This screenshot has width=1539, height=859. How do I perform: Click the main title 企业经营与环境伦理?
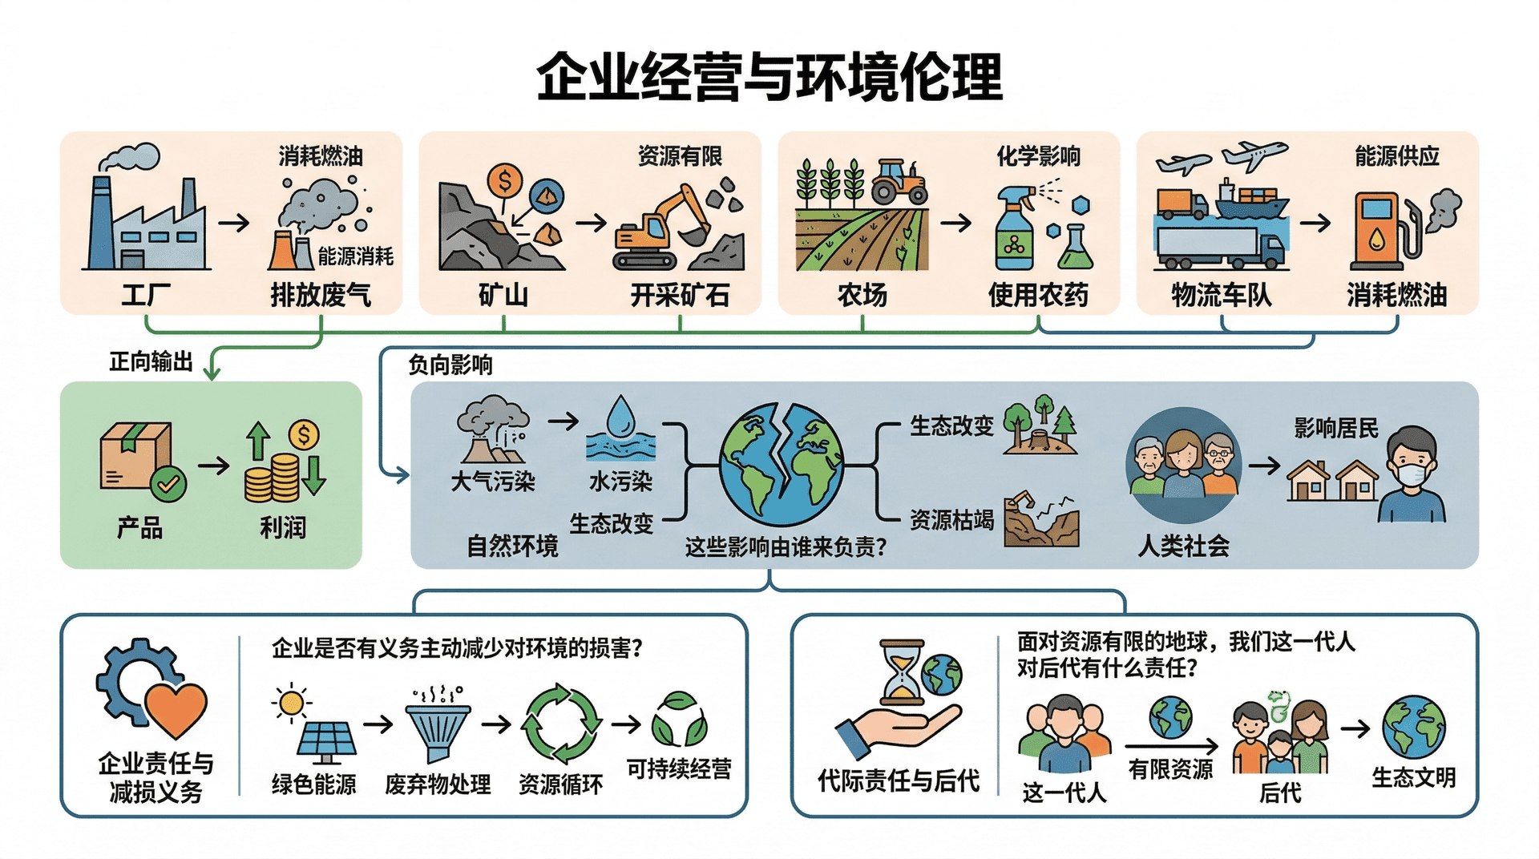769,78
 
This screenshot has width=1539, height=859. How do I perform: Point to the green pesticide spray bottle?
1014,232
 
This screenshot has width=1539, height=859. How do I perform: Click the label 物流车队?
1221,295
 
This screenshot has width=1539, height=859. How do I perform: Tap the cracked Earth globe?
781,465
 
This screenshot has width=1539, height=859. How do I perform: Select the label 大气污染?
493,482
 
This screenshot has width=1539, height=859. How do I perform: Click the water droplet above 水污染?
620,417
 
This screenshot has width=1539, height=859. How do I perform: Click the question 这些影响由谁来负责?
786,547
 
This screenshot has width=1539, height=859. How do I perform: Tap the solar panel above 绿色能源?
325,741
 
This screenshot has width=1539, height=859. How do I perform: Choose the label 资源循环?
560,784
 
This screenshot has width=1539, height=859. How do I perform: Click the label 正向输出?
151,362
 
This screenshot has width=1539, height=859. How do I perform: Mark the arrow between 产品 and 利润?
214,466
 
